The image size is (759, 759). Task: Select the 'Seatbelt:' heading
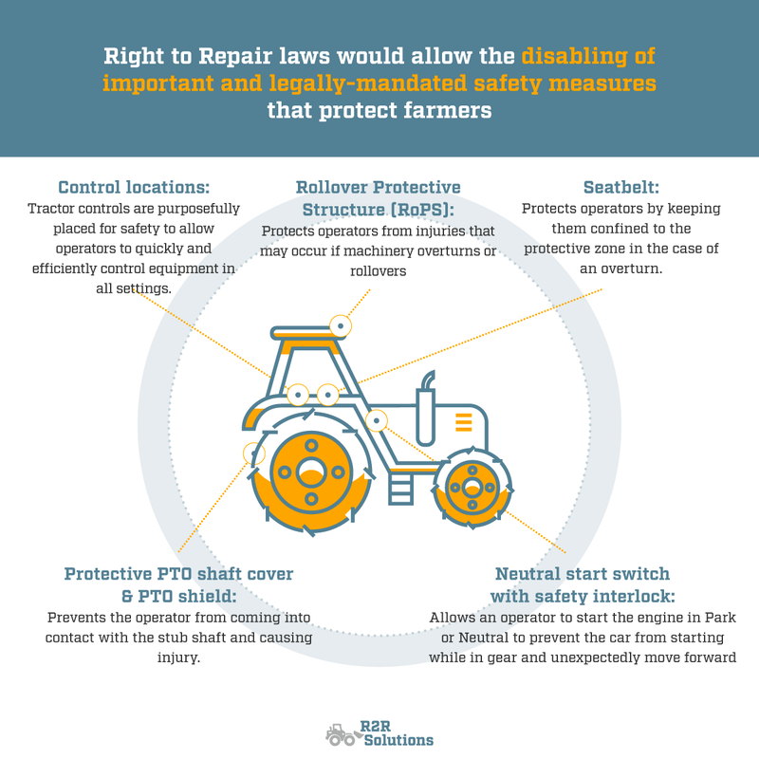coord(621,188)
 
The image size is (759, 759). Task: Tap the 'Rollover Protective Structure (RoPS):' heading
coord(378,198)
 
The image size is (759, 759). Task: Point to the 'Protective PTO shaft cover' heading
coord(178,574)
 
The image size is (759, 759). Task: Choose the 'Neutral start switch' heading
coord(582,574)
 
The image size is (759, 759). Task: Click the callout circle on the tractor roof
coord(340,325)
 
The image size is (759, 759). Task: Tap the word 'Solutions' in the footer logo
coord(398,740)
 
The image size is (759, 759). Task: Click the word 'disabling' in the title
coord(586,55)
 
